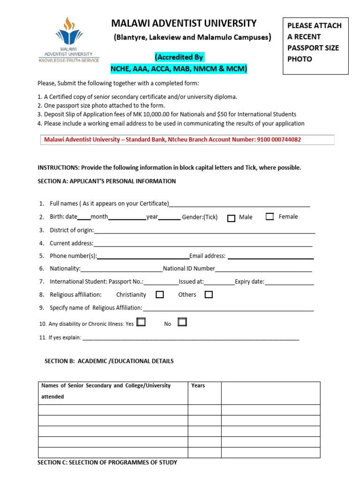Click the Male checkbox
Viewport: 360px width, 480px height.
(231, 218)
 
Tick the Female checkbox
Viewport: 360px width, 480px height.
(270, 217)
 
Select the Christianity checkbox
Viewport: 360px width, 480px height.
(160, 294)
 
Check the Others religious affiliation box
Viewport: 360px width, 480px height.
(209, 294)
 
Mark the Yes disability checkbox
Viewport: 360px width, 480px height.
(141, 322)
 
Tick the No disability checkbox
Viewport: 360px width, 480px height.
(182, 322)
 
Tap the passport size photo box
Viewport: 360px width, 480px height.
(315, 45)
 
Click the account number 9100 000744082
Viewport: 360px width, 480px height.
(279, 140)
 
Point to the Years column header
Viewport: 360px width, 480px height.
(198, 386)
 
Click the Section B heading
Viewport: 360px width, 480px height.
(109, 361)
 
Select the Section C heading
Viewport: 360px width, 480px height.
(107, 463)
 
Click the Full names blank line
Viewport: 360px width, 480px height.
(240, 205)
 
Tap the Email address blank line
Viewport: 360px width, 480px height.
(270, 257)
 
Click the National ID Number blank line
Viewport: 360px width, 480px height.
(263, 270)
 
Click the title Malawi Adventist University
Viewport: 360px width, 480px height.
(184, 23)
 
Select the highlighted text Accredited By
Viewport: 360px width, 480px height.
(179, 58)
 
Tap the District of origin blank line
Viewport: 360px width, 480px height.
(204, 232)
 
